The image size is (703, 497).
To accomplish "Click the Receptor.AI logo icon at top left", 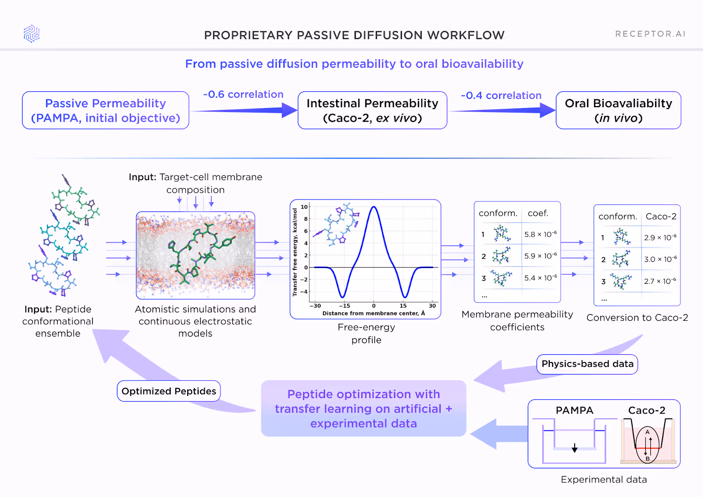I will [32, 34].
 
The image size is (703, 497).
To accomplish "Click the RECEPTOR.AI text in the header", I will [650, 34].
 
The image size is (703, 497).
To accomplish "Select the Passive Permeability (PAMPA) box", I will [105, 110].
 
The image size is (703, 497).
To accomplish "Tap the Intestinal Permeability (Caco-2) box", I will [372, 110].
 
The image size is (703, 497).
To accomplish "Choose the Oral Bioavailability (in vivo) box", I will [618, 110].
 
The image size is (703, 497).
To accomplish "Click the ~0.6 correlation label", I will [243, 94].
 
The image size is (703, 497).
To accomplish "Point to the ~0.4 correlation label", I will [501, 95].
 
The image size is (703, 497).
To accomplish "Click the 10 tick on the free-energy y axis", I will [304, 207].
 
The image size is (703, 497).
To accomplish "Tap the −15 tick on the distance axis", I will [344, 306].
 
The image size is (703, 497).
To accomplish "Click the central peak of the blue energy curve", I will [373, 207].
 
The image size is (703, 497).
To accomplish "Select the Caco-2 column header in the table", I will [661, 216].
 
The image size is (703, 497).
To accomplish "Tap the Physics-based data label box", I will [587, 364].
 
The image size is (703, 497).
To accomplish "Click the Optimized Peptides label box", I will [169, 391].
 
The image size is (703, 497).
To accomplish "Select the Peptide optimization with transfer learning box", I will [363, 409].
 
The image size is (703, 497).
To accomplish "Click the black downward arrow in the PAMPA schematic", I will [574, 448].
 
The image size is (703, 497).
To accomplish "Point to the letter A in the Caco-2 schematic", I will [647, 432].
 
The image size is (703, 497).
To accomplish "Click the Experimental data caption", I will [604, 479].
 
